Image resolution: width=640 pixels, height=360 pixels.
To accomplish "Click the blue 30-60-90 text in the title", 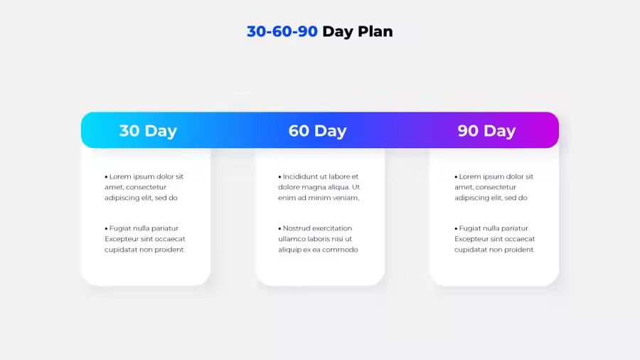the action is [x=282, y=31].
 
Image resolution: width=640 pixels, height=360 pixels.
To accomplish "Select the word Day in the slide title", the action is [x=338, y=32].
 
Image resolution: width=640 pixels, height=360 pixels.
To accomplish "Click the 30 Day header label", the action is [x=148, y=131].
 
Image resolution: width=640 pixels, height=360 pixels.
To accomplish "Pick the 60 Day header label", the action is [x=318, y=131].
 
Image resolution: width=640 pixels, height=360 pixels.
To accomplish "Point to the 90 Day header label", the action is [x=486, y=131].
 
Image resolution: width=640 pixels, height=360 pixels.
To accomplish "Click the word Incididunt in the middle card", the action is [x=300, y=176].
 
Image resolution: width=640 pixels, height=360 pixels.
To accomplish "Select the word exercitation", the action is [x=332, y=228].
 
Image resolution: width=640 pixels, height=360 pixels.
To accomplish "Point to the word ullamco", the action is [x=291, y=239].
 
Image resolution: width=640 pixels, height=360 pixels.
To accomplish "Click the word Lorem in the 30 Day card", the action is [x=120, y=176].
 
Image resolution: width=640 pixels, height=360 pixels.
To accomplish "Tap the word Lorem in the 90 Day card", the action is [x=470, y=176].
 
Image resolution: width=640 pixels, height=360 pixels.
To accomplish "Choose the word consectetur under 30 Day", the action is [x=146, y=187].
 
